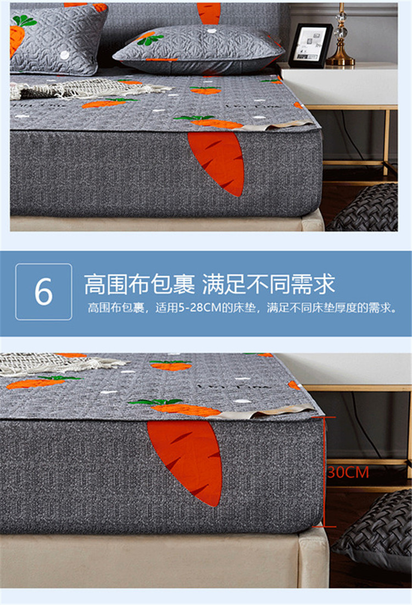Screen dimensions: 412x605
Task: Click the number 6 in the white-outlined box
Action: point(43,292)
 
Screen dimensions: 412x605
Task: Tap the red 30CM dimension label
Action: point(348,472)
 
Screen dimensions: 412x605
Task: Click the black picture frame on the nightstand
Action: point(310,46)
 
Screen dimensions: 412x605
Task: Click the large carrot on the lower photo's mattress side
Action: point(185,462)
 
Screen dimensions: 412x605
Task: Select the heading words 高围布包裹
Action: point(140,284)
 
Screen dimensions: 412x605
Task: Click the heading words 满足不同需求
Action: point(269,284)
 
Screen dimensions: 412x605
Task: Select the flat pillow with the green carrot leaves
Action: point(199,48)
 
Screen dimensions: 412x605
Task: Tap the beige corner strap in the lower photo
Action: point(266,412)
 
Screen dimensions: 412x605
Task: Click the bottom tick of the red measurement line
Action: point(324,526)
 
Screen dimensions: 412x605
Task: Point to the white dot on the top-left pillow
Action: point(65,55)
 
